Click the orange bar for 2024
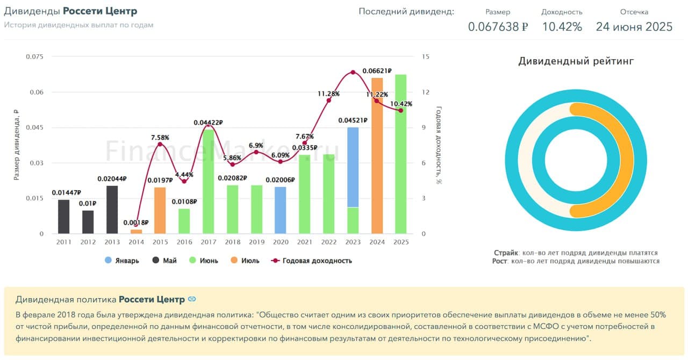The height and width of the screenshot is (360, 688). [377, 156]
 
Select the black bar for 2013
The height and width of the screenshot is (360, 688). [112, 210]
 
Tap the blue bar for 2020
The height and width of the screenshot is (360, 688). [281, 210]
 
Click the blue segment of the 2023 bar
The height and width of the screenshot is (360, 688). [353, 167]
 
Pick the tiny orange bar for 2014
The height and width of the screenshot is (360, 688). [137, 232]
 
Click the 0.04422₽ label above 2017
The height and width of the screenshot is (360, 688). [209, 123]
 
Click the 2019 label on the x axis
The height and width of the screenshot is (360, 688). [256, 242]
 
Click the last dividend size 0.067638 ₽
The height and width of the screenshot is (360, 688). [498, 27]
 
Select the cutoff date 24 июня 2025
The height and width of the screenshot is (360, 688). [634, 27]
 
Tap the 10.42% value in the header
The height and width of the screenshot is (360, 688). [562, 27]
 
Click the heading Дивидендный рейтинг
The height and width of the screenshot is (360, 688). [576, 61]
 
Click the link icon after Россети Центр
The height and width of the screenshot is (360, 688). [192, 299]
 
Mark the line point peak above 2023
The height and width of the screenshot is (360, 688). [353, 72]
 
